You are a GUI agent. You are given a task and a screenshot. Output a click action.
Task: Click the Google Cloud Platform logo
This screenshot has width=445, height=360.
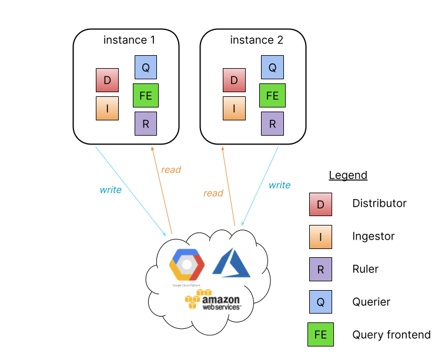pos(187,267)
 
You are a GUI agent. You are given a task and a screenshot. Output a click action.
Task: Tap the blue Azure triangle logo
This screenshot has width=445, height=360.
pos(232,263)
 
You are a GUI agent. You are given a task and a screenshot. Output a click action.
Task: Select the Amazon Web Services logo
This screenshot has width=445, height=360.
pos(213,300)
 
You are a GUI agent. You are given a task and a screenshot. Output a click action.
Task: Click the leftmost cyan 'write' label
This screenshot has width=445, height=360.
pos(111,190)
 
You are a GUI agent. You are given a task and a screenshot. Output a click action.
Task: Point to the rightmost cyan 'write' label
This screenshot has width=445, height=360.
pos(279,185)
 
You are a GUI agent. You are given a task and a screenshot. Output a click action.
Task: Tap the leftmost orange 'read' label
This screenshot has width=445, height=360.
pos(171,170)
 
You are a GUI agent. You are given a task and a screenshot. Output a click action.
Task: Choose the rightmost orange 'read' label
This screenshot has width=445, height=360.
pos(213,193)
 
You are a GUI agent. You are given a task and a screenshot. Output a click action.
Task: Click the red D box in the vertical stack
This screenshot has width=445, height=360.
pos(320,204)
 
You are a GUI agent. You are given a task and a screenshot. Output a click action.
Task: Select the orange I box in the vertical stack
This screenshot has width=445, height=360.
pos(320,237)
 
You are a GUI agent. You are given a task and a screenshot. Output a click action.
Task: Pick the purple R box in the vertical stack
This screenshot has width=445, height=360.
pos(320,269)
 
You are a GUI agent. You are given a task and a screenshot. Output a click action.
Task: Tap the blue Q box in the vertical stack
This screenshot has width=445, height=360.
pos(320,302)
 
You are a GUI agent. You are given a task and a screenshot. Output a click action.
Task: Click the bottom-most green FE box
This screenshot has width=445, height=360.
pos(320,334)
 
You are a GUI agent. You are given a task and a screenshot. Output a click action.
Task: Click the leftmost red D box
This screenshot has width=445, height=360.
pos(107,80)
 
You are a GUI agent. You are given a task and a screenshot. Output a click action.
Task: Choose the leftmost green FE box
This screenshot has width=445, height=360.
pos(146,95)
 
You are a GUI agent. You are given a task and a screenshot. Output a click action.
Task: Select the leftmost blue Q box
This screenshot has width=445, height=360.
pos(146,67)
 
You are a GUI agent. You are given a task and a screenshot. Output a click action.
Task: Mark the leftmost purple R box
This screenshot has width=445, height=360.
pos(146,123)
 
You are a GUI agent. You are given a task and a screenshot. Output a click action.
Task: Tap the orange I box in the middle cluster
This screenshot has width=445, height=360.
pos(234,108)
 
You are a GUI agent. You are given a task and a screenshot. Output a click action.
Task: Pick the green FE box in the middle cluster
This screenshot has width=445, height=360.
pos(272,95)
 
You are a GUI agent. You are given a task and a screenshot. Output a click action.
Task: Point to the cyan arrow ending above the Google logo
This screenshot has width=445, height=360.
pos(131,190)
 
